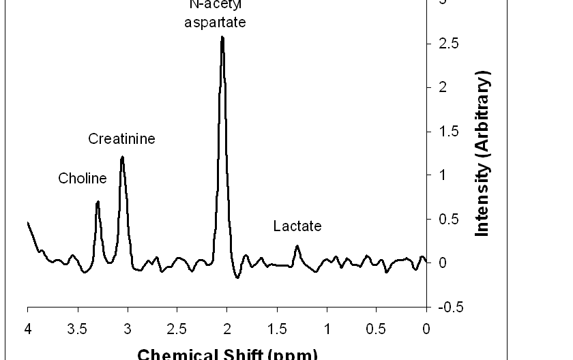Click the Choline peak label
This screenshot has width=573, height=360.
[83, 179]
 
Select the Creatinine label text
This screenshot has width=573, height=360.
[122, 139]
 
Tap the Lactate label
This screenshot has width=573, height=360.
[297, 226]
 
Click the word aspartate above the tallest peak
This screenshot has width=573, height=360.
[215, 22]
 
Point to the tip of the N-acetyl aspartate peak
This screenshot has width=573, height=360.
[222, 37]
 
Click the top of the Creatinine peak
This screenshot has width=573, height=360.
[122, 157]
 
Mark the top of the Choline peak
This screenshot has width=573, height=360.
[98, 202]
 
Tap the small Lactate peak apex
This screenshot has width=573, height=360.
[297, 246]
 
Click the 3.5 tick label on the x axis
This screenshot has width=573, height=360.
[77, 330]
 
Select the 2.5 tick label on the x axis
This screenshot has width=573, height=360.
[177, 330]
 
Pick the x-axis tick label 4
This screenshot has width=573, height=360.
[27, 330]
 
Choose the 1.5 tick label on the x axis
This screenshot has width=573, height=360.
[276, 330]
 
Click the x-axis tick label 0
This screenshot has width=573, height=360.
[426, 330]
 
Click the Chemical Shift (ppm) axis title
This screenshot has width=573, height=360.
[227, 354]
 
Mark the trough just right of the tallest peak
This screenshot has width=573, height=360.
[237, 277]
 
